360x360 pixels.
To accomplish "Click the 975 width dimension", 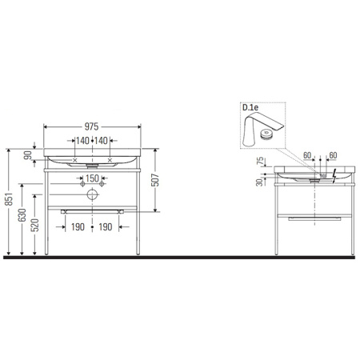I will point(94,126).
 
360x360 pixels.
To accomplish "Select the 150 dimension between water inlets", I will point(93,178).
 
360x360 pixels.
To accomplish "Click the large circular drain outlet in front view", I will point(93,194).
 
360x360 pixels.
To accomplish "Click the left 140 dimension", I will point(82,141).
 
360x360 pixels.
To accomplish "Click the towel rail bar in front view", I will point(93,210).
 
